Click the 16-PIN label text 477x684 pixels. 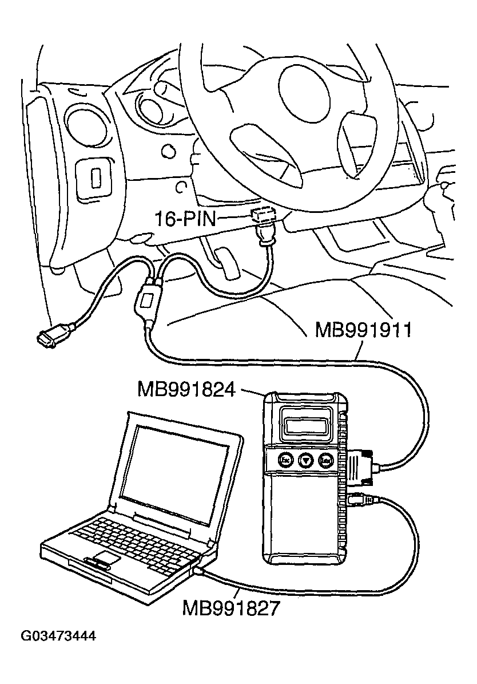(x=184, y=219)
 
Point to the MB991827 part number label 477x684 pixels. (x=232, y=607)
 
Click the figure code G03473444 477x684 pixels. (x=58, y=636)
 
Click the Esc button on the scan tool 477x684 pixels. (x=286, y=459)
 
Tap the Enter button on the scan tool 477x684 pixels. (x=326, y=459)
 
